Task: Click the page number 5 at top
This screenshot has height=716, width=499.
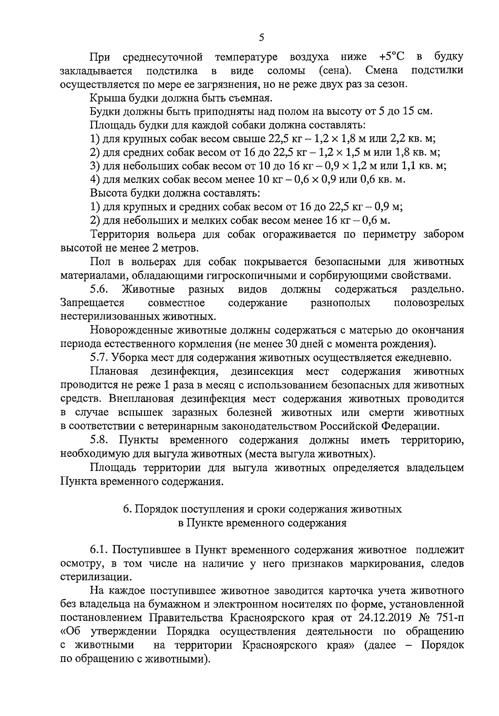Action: [x=261, y=38]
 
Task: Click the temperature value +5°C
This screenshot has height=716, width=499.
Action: [x=392, y=57]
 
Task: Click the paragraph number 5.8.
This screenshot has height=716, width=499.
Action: [x=99, y=440]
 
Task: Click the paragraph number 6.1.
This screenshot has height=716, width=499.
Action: [x=99, y=550]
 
